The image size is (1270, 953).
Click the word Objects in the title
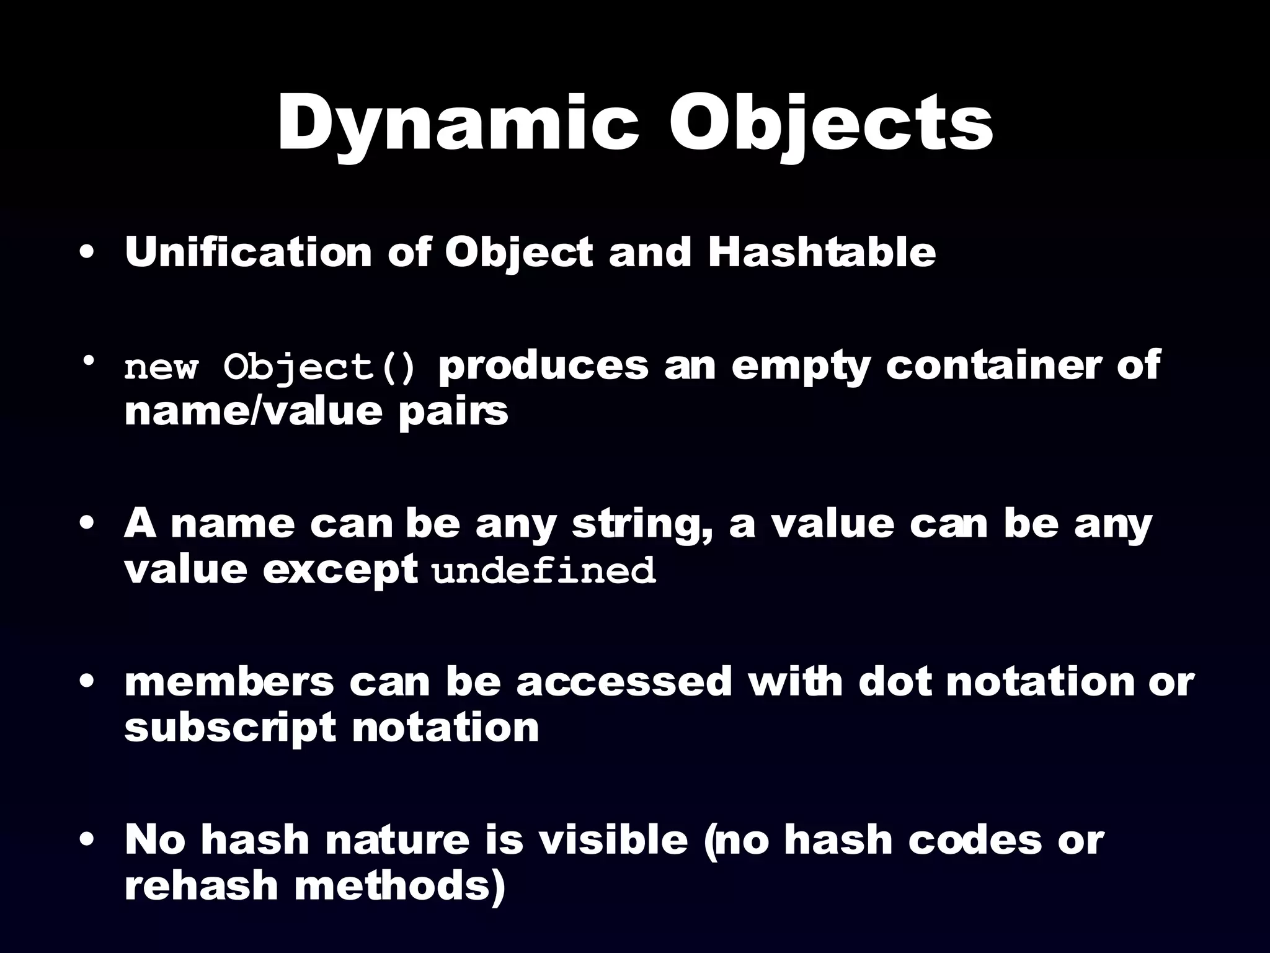click(x=830, y=124)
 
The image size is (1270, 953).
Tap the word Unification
click(x=247, y=253)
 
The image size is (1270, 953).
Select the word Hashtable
click(x=822, y=253)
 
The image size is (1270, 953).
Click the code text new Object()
click(x=270, y=368)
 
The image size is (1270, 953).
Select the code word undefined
click(x=544, y=571)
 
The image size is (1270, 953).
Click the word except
click(x=339, y=571)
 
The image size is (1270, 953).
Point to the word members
click(x=229, y=682)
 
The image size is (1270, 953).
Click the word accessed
click(x=624, y=682)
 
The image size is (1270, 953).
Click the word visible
click(x=613, y=839)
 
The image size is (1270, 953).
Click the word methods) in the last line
click(x=400, y=885)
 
